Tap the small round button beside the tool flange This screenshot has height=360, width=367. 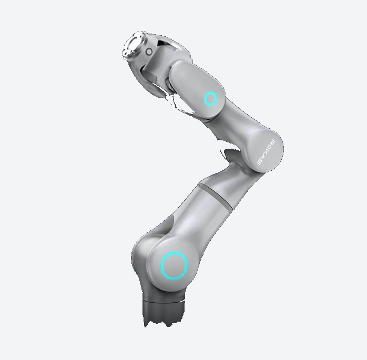click(x=149, y=51)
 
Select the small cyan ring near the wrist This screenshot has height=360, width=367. click(x=210, y=98)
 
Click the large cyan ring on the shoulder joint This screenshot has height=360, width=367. click(x=174, y=265)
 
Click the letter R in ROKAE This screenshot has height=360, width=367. click(x=272, y=142)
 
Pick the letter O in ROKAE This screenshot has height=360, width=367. click(x=270, y=147)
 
